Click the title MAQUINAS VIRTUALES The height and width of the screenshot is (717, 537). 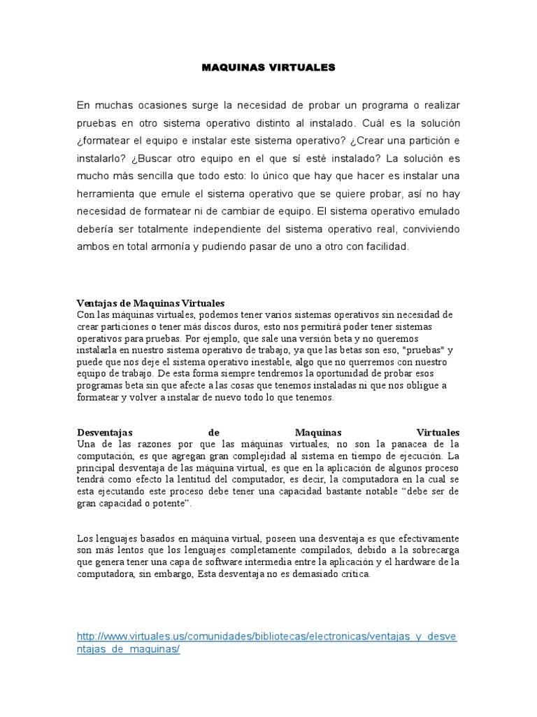click(x=268, y=68)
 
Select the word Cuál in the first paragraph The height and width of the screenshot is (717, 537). click(x=372, y=123)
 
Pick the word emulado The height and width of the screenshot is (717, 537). click(x=440, y=211)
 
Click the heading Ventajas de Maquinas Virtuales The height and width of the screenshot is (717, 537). click(x=150, y=303)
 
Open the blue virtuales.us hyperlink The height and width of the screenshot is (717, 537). click(x=266, y=636)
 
